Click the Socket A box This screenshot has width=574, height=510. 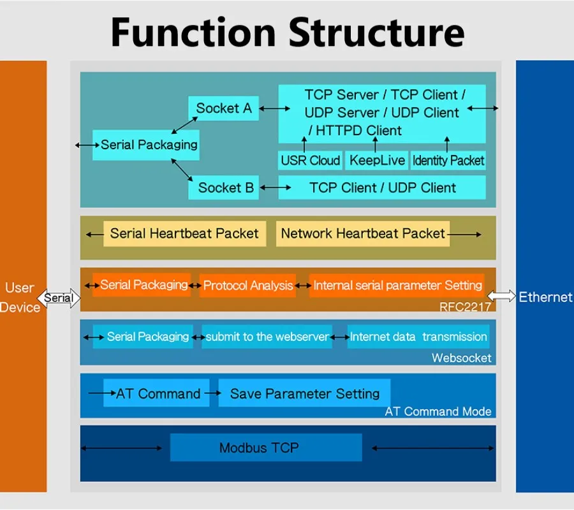point(224,108)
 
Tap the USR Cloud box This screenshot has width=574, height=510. point(311,161)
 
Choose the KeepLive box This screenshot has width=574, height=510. point(377,161)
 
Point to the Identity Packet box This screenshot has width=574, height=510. point(448,161)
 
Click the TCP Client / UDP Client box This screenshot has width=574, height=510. point(382,187)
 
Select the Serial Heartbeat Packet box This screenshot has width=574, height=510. point(184,233)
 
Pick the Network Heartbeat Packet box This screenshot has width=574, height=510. point(362,233)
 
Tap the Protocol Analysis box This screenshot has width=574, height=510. point(248,286)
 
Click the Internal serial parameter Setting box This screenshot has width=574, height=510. point(397,285)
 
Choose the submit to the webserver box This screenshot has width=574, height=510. point(267,337)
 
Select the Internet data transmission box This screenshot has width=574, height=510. point(418,337)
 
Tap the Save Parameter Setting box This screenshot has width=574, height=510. point(304,393)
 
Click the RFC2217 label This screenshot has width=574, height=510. point(466,307)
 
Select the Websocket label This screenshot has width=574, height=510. point(461,358)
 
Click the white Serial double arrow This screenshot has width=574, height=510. point(59,298)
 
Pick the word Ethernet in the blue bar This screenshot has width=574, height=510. point(545,297)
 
